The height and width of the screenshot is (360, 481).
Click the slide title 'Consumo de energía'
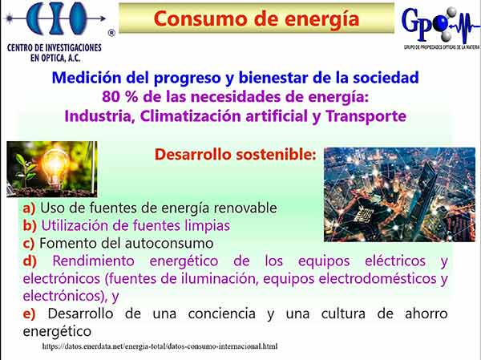coord(257,18)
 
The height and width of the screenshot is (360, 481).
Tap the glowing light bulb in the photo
coord(55,165)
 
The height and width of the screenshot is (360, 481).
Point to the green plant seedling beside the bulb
coord(25,168)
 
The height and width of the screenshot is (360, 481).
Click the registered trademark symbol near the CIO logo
coord(111,33)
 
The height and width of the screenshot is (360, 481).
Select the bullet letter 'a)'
coord(29,208)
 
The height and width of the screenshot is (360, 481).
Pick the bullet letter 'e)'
coord(29,313)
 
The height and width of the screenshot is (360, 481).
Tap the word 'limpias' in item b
coord(208,226)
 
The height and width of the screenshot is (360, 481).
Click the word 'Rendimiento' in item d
coord(93,261)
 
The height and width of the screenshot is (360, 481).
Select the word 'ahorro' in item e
coord(426,313)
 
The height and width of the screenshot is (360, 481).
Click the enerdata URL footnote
coord(160,346)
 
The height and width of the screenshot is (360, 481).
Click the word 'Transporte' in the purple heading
coord(366,116)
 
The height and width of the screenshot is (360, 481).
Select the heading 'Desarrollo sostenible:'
coord(235,155)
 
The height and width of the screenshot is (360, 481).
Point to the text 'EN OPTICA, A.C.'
coord(55,58)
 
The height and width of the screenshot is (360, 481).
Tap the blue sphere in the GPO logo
coord(441,22)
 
